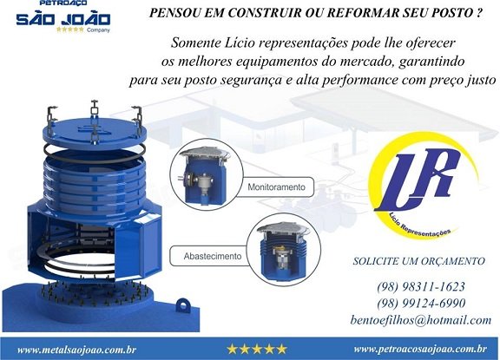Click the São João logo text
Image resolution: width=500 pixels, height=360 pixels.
[x=63, y=19]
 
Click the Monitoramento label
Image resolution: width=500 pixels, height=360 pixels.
[x=276, y=187]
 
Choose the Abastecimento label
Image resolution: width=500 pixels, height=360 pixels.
[x=213, y=256]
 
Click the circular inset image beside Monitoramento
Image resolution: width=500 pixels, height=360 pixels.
[x=207, y=174]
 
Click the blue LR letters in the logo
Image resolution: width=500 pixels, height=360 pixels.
[x=419, y=180]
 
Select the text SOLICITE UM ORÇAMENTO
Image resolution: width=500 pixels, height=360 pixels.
[x=419, y=261]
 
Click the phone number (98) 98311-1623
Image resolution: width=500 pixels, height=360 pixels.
[x=421, y=286]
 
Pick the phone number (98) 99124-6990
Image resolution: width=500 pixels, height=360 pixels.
[x=421, y=303]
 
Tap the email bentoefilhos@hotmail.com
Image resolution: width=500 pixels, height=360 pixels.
[x=421, y=319]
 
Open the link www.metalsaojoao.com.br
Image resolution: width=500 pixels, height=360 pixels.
[x=76, y=350]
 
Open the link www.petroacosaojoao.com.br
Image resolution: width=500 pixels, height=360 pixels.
[x=420, y=349]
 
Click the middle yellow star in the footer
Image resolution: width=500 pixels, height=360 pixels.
[x=257, y=350]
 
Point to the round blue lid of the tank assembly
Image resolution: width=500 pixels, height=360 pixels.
[x=95, y=131]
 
